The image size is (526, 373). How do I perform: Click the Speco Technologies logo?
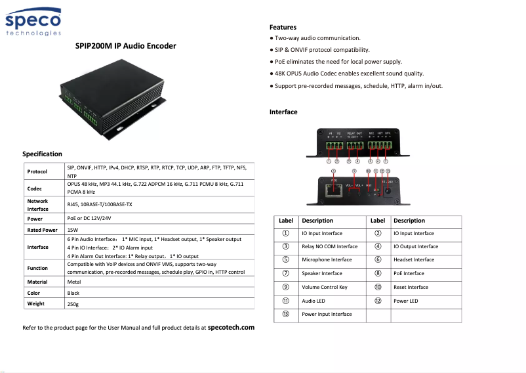pyautogui.click(x=34, y=24)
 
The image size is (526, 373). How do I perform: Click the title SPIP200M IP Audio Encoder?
pyautogui.click(x=125, y=47)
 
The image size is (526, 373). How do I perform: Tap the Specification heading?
pyautogui.click(x=42, y=154)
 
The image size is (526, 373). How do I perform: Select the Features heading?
pyautogui.click(x=283, y=28)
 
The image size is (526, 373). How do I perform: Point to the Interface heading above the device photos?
pyautogui.click(x=283, y=112)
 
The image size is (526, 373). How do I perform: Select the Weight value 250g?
pyautogui.click(x=73, y=304)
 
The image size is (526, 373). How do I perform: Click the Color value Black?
pyautogui.click(x=73, y=293)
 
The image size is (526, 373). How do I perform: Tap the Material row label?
pyautogui.click(x=37, y=282)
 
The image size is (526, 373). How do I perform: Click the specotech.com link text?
pyautogui.click(x=231, y=326)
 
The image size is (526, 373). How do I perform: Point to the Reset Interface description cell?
pyautogui.click(x=411, y=287)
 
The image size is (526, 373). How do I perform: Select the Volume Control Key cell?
pyautogui.click(x=325, y=287)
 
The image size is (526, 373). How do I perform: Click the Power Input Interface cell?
pyautogui.click(x=327, y=314)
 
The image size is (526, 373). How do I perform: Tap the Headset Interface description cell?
pyautogui.click(x=414, y=259)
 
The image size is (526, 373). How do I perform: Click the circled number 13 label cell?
pyautogui.click(x=286, y=314)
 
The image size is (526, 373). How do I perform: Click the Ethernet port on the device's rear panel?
pyautogui.click(x=334, y=190)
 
